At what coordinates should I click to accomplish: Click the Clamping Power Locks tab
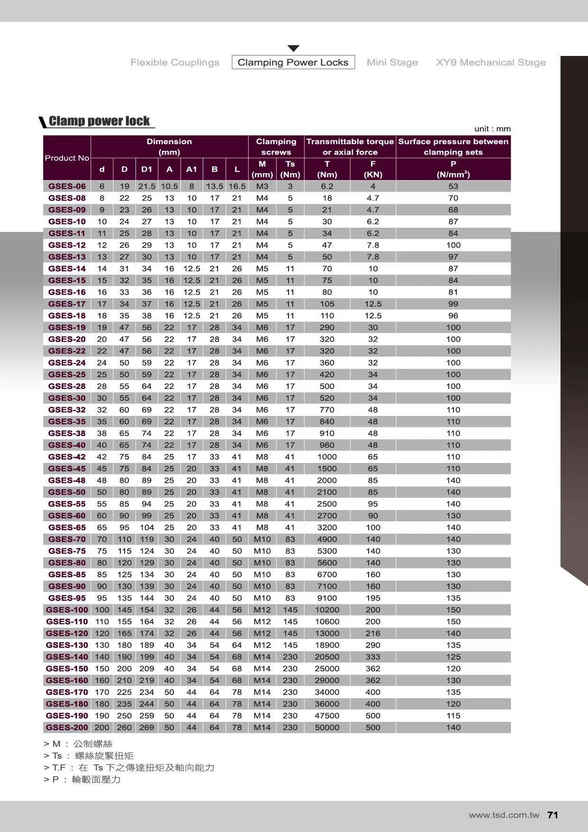pyautogui.click(x=293, y=62)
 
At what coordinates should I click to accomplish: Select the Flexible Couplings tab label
pyautogui.click(x=175, y=62)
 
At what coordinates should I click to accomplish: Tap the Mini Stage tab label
pyautogui.click(x=392, y=62)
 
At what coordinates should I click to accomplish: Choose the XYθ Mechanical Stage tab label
pyautogui.click(x=490, y=62)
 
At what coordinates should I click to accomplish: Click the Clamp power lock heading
pyautogui.click(x=99, y=121)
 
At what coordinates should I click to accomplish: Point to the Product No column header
pyautogui.click(x=67, y=158)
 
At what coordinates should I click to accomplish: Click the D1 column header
pyautogui.click(x=147, y=169)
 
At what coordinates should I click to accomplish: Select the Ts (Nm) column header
pyautogui.click(x=290, y=169)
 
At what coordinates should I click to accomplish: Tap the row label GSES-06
pyautogui.click(x=67, y=186)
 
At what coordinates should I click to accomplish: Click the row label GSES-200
pyautogui.click(x=67, y=727)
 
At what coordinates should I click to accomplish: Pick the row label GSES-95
pyautogui.click(x=67, y=598)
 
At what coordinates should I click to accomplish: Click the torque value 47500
pyautogui.click(x=327, y=716)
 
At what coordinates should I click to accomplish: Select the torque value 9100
pyautogui.click(x=327, y=598)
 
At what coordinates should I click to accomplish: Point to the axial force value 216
pyautogui.click(x=373, y=633)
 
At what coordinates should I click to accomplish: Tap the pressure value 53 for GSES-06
pyautogui.click(x=453, y=186)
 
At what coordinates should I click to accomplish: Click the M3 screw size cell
pyautogui.click(x=262, y=186)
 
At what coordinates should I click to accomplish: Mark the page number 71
pyautogui.click(x=552, y=815)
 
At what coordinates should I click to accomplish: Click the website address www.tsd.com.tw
pyautogui.click(x=504, y=815)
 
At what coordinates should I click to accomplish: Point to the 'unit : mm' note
pyautogui.click(x=492, y=129)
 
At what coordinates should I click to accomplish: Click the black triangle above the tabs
pyautogui.click(x=293, y=48)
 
